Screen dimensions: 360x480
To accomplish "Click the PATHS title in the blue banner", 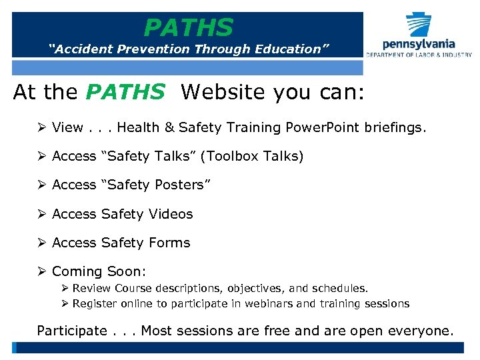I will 189,28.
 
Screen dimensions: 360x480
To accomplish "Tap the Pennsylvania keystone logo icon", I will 419,25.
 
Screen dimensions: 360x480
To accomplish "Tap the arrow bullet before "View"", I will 42,127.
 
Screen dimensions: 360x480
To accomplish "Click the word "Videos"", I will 170,214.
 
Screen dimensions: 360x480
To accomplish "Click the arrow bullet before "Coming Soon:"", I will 42,271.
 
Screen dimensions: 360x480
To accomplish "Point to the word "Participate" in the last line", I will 72,331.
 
